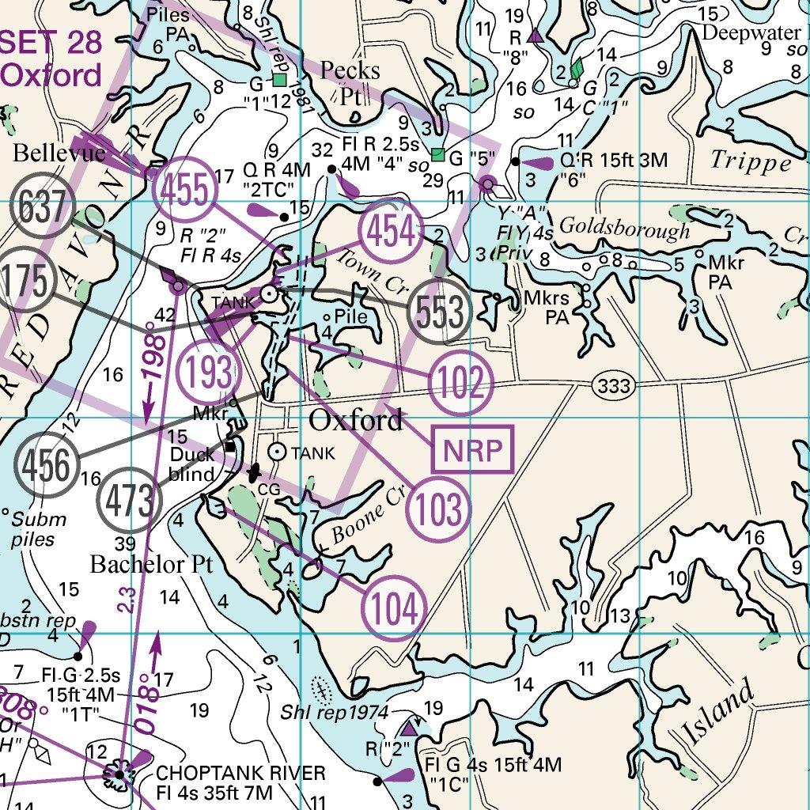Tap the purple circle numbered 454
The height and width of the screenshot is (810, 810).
click(x=389, y=233)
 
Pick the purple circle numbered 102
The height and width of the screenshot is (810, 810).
click(x=461, y=384)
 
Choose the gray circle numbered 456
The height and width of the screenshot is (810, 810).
click(x=46, y=464)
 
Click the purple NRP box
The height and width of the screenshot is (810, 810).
click(x=472, y=449)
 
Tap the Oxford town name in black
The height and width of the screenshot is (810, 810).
click(x=355, y=420)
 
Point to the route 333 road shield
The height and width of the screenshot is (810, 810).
click(x=615, y=386)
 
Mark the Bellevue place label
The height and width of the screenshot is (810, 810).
click(x=59, y=153)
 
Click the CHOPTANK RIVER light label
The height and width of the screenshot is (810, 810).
click(x=240, y=773)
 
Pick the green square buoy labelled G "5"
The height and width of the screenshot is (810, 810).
click(x=437, y=153)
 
